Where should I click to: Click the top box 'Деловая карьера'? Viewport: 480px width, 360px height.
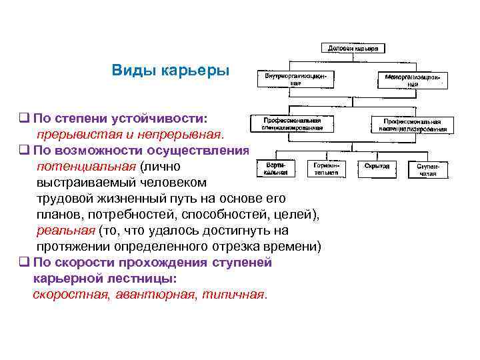353,49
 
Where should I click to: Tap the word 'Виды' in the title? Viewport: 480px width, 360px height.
134,70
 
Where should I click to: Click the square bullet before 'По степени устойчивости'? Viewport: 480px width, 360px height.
23,118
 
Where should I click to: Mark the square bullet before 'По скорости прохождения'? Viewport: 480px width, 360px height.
23,262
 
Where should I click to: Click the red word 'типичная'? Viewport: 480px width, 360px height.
233,294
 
